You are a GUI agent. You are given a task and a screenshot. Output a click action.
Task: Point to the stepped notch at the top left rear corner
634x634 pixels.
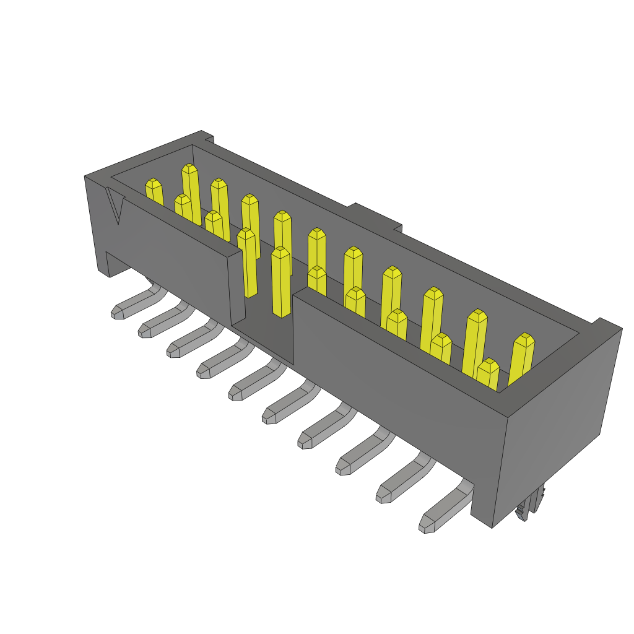[207, 137]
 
